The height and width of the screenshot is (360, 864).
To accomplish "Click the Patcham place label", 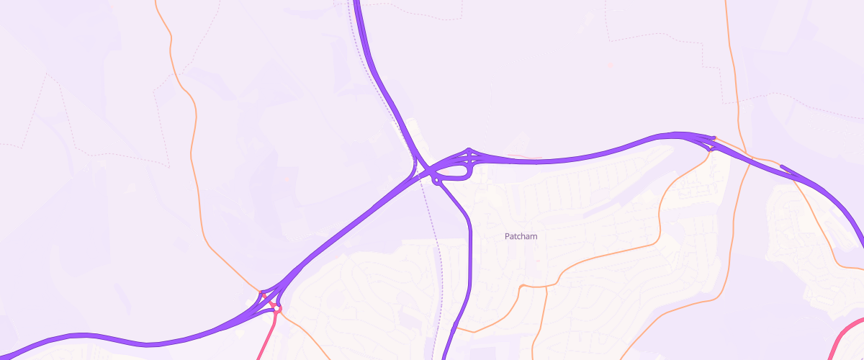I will pos(521,236).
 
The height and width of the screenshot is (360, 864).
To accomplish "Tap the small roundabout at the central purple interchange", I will pos(436,180).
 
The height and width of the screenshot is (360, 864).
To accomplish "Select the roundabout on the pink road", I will pos(277,308).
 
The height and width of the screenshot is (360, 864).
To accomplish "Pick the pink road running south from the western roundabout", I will pos(267,335).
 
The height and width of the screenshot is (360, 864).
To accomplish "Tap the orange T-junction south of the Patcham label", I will pos(521,287).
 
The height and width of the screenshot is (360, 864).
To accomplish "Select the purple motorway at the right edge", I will pos(860,238).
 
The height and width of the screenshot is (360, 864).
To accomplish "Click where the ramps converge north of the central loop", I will pos(469,150).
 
